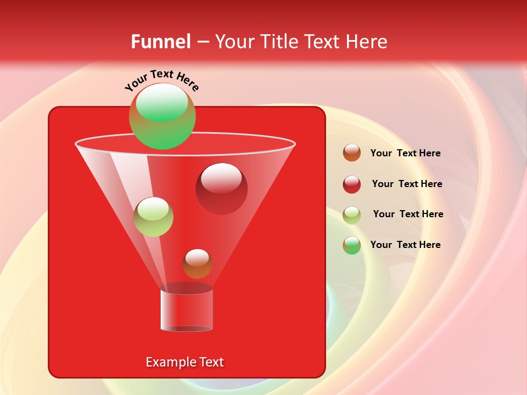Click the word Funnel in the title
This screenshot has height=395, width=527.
click(x=160, y=42)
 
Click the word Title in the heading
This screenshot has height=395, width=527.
click(x=278, y=42)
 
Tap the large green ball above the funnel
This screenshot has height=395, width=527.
click(x=162, y=116)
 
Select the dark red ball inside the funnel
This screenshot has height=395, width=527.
click(x=221, y=189)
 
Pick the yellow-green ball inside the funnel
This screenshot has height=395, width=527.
click(x=153, y=217)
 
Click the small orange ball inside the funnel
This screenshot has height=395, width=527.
click(x=197, y=264)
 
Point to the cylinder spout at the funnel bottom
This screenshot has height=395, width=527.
click(x=186, y=309)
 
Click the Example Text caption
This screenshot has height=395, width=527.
click(x=184, y=362)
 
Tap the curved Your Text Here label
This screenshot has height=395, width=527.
click(x=162, y=80)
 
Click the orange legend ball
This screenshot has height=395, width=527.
click(x=352, y=153)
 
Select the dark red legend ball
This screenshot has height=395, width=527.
click(x=352, y=184)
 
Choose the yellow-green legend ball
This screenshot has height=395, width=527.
click(x=352, y=215)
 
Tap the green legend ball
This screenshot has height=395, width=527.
click(x=352, y=245)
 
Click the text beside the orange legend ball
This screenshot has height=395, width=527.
click(x=405, y=154)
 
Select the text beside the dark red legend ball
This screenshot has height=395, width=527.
click(x=407, y=184)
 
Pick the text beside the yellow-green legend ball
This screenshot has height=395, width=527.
click(x=408, y=215)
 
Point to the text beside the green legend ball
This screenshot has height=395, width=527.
click(x=405, y=245)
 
